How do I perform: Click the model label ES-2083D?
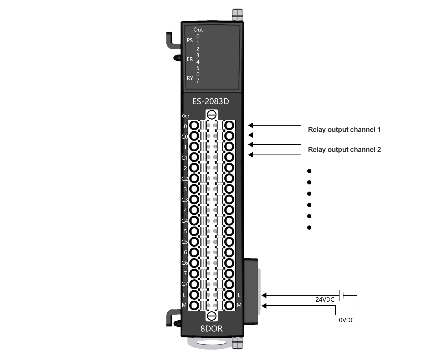(x=210, y=101)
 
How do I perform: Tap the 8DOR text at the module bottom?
(x=211, y=328)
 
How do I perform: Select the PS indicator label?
(x=189, y=40)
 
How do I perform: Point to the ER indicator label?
(x=189, y=59)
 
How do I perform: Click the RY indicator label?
(x=190, y=78)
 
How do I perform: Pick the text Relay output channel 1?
(x=344, y=130)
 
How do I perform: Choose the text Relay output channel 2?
(x=344, y=150)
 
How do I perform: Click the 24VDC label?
(x=325, y=300)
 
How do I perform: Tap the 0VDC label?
(x=346, y=320)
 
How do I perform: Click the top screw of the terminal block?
(x=212, y=115)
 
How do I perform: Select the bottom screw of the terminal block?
(x=212, y=316)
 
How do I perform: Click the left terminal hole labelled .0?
(x=194, y=125)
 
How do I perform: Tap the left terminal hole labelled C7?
(x=194, y=284)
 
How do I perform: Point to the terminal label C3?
(x=184, y=200)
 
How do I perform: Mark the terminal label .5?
(x=185, y=232)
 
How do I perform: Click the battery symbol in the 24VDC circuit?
(x=341, y=295)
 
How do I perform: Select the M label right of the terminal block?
(x=239, y=305)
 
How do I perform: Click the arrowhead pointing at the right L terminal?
(x=264, y=295)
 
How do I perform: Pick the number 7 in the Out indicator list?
(x=198, y=81)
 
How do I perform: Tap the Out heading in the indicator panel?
(x=198, y=30)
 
